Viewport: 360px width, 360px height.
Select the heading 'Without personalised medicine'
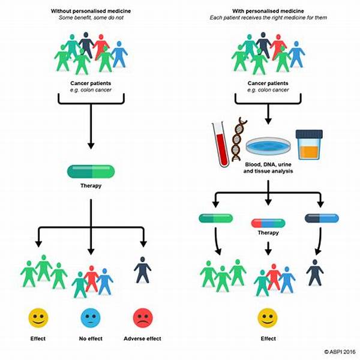(90, 11)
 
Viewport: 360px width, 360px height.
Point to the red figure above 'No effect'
(91, 278)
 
